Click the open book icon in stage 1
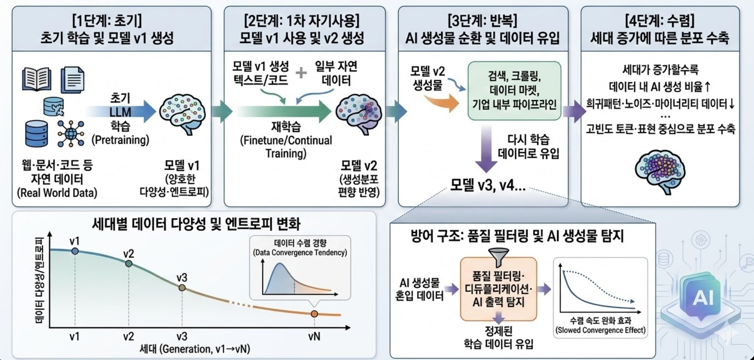(37, 79)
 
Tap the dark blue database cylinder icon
(37, 134)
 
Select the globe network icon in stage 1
(71, 134)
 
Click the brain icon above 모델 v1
(182, 114)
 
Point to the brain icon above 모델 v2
(359, 114)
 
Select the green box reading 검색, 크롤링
(514, 91)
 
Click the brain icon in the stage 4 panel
(660, 171)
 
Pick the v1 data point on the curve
(75, 251)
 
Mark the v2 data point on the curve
(128, 263)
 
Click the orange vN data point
(314, 314)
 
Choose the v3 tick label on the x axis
(182, 337)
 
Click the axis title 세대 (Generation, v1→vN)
(195, 349)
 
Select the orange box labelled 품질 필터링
(498, 289)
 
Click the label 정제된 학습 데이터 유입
(498, 337)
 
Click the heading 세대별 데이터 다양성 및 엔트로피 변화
(196, 224)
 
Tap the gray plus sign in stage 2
(301, 73)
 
